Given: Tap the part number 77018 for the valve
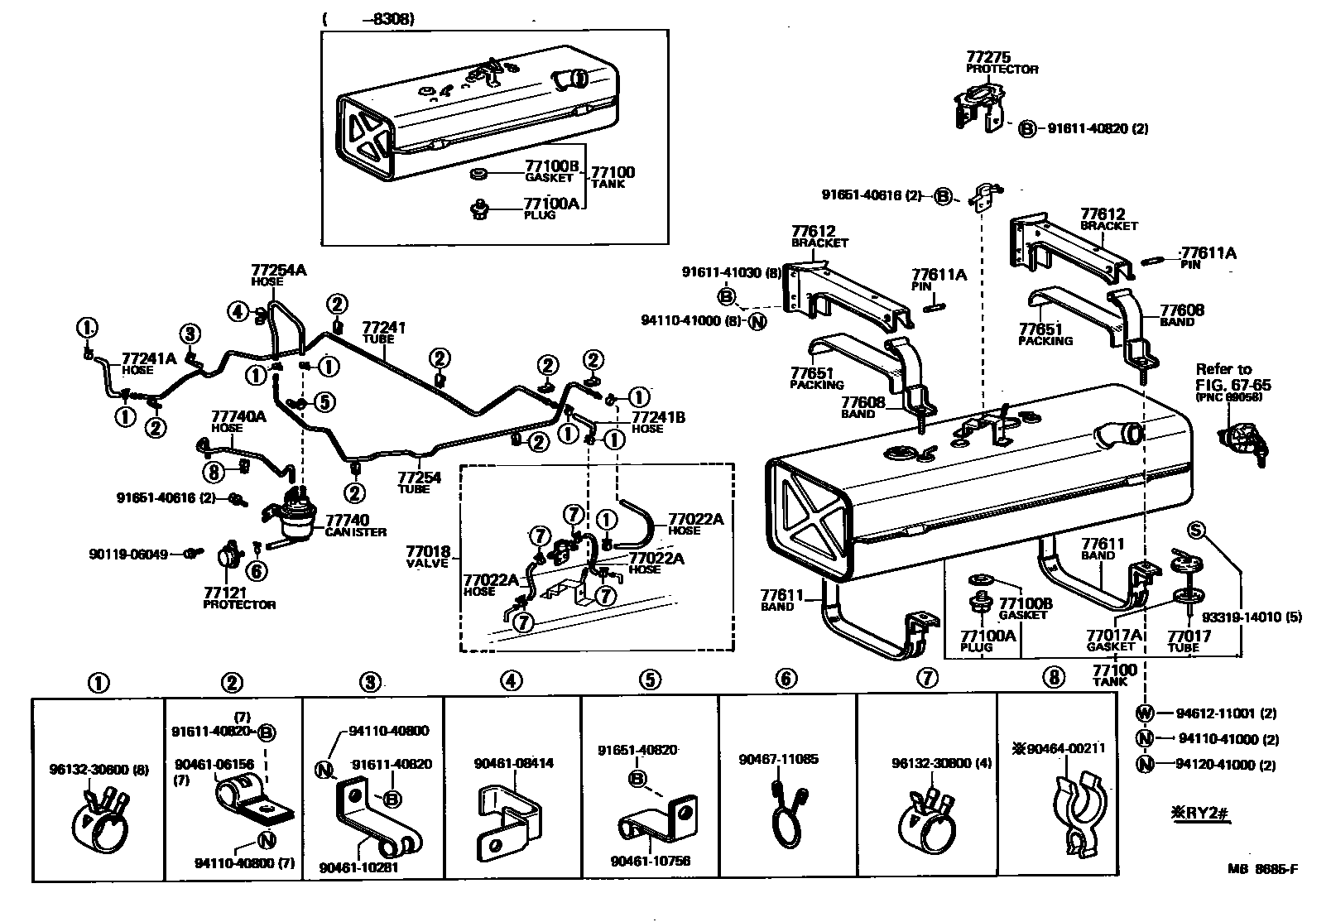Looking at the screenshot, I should (428, 551).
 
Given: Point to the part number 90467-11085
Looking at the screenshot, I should (778, 758).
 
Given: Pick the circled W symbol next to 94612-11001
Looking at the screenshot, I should (1145, 713).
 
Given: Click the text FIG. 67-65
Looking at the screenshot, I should (1232, 385).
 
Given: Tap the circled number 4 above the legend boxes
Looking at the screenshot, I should (512, 681).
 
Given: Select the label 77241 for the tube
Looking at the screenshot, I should (384, 328).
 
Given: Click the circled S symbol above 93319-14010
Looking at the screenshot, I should (1195, 530).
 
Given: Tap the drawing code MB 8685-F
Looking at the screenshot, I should (1263, 869).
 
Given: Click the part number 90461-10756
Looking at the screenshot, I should (651, 862).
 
